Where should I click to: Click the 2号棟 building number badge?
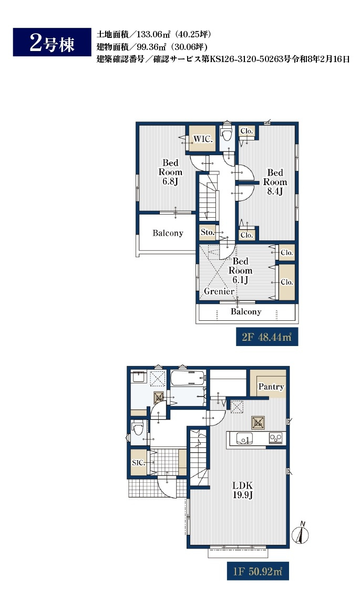(52, 42)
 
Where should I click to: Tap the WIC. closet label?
(203, 139)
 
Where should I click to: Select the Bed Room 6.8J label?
(170, 172)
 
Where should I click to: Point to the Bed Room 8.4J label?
(275, 182)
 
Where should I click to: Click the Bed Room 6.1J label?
(240, 270)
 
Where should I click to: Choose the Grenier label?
(219, 291)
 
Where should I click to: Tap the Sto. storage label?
(207, 232)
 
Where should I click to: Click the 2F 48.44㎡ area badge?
(267, 337)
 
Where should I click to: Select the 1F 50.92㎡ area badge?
(258, 571)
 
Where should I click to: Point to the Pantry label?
(271, 387)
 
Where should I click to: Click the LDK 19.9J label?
(242, 490)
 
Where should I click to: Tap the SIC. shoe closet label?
(139, 463)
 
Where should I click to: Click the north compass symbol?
(301, 533)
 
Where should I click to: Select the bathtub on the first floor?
(188, 378)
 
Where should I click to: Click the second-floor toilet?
(226, 133)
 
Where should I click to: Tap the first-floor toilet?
(138, 428)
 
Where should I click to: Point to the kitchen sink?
(244, 439)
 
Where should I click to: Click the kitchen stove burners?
(275, 438)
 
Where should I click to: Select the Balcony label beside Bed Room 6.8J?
(168, 233)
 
